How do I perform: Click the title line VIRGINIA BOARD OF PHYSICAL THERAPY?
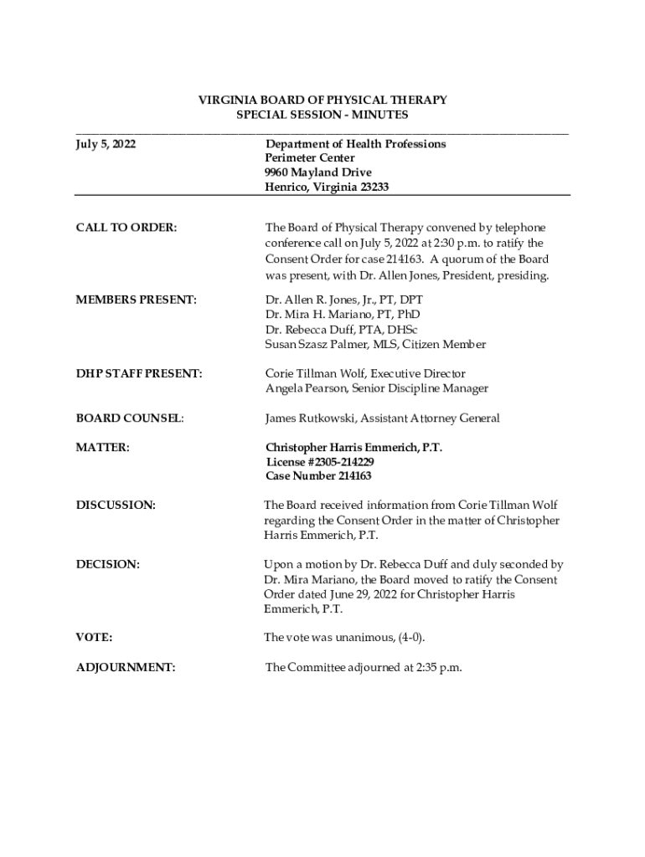[322, 100]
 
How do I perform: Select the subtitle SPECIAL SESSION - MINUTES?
[322, 114]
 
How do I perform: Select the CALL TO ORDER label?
[126, 227]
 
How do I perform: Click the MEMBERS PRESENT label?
[137, 299]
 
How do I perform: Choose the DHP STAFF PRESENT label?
[139, 373]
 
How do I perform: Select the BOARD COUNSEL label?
[130, 418]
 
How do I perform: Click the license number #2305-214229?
[338, 462]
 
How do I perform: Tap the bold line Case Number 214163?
[318, 476]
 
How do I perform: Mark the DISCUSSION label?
[116, 505]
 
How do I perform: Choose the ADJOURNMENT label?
[126, 667]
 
